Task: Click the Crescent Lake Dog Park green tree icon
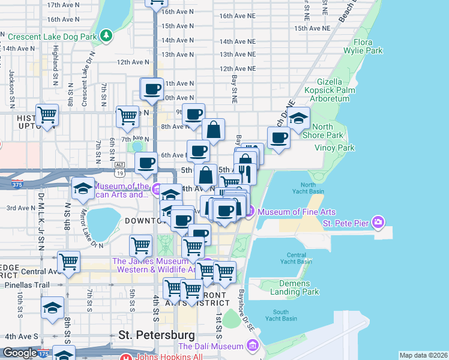(x=106, y=35)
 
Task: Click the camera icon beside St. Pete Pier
(x=378, y=223)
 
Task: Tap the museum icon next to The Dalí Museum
(x=252, y=346)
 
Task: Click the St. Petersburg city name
(x=157, y=334)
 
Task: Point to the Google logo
(x=20, y=353)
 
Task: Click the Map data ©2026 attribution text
(x=423, y=355)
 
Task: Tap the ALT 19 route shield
(x=119, y=169)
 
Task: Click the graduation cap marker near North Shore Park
(x=298, y=118)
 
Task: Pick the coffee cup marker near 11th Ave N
(x=151, y=89)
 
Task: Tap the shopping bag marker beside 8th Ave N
(x=213, y=128)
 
